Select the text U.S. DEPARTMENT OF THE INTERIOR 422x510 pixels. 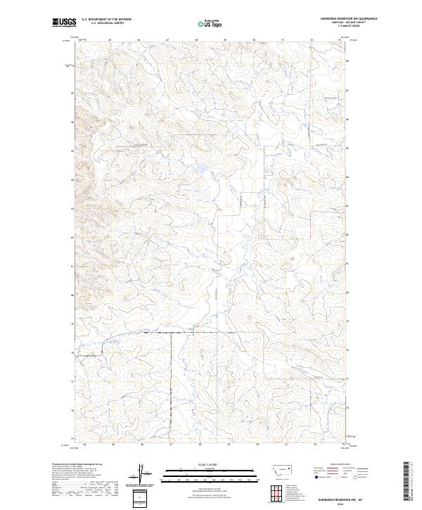pos(106,20)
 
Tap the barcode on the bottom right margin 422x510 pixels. pos(406,482)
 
